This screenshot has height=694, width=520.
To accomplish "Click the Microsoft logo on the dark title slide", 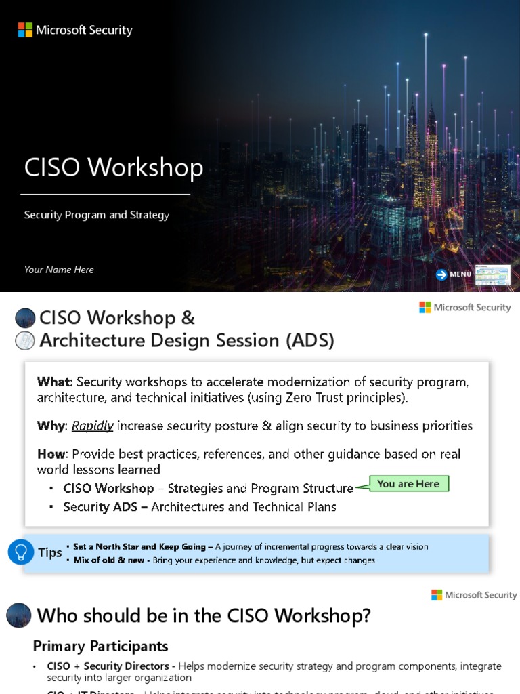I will click(x=25, y=30).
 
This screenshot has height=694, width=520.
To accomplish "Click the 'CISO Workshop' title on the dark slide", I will click(x=114, y=168).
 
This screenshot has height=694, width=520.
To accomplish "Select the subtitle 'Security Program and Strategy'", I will click(x=97, y=215).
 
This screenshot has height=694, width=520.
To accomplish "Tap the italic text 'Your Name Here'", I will click(x=59, y=270).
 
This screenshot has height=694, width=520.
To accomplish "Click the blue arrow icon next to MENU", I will click(x=441, y=274).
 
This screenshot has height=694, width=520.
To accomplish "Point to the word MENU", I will click(x=460, y=274).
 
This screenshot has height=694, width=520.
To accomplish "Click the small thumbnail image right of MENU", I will click(x=492, y=274).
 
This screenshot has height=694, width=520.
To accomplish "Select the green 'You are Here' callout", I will click(x=408, y=484).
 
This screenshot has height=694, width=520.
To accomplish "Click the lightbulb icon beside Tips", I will click(x=20, y=552).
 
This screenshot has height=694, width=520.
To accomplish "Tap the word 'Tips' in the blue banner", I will click(x=49, y=552).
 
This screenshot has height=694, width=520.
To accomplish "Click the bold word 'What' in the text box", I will click(x=52, y=382).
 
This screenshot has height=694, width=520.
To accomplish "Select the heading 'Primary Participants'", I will click(x=100, y=646).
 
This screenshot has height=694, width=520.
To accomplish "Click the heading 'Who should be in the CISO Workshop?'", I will click(x=204, y=616).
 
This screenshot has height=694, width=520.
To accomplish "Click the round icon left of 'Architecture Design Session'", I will click(x=25, y=341).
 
